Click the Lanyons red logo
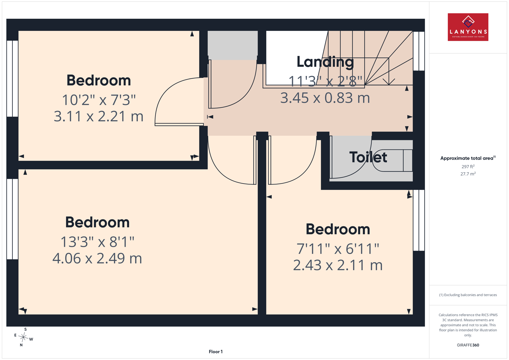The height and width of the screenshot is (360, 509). pos(468,27)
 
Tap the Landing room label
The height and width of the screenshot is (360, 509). pos(325,62)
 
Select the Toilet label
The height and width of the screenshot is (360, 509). pos(368,157)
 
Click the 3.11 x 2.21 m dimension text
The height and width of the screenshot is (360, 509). pos(98,116)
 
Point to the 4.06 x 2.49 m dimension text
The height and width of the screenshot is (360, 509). pos(97,258)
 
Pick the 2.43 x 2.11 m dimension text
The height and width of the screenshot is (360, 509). pos(338,265)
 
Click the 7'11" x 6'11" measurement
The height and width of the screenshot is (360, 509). pos(338,249)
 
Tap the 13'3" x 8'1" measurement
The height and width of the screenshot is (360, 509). pos(97,242)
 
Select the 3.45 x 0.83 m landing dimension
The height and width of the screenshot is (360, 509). pos(325,98)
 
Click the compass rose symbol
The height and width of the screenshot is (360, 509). pos(24,337)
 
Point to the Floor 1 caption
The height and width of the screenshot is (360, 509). pos(216,352)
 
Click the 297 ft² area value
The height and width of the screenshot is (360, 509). pos(468,167)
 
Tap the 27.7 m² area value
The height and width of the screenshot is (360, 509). pos(468,174)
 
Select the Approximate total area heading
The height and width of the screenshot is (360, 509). pos(468,158)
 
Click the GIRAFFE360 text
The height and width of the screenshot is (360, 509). pos(468,345)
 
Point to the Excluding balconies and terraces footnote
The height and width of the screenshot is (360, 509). pos(468,295)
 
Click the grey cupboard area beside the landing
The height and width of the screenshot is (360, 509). pos(233,45)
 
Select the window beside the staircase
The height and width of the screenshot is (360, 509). pos(419,51)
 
